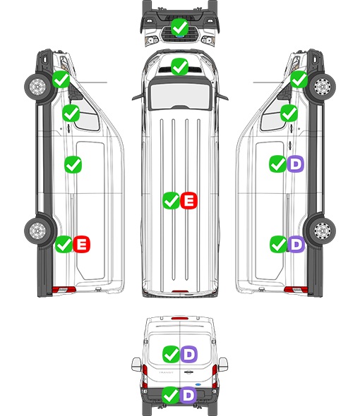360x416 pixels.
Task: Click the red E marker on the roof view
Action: (x=189, y=200)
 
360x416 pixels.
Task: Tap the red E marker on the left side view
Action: (x=82, y=244)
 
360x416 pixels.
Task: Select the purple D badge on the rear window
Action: (x=189, y=354)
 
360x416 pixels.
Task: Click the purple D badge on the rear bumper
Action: (x=188, y=395)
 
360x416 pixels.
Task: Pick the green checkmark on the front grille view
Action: (x=179, y=27)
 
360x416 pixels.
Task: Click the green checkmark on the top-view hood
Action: (x=179, y=66)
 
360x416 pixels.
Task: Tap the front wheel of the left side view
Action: (x=37, y=86)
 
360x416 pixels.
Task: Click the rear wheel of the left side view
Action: (x=37, y=231)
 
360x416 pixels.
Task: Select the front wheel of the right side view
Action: (x=323, y=86)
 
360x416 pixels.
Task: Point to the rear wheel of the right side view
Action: (x=323, y=231)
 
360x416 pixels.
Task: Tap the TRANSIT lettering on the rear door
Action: (x=166, y=372)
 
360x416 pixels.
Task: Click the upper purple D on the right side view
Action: (x=295, y=164)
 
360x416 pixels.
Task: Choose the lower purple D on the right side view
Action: (x=296, y=244)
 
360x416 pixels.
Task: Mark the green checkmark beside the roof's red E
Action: (x=171, y=200)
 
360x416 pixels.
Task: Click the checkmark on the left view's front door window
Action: (x=71, y=113)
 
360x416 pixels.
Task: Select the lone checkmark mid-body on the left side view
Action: (x=73, y=164)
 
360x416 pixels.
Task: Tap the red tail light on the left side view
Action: (x=64, y=290)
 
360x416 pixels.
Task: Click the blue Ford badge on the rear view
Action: (x=198, y=384)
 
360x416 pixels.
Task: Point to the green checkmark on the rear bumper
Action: (x=171, y=395)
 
